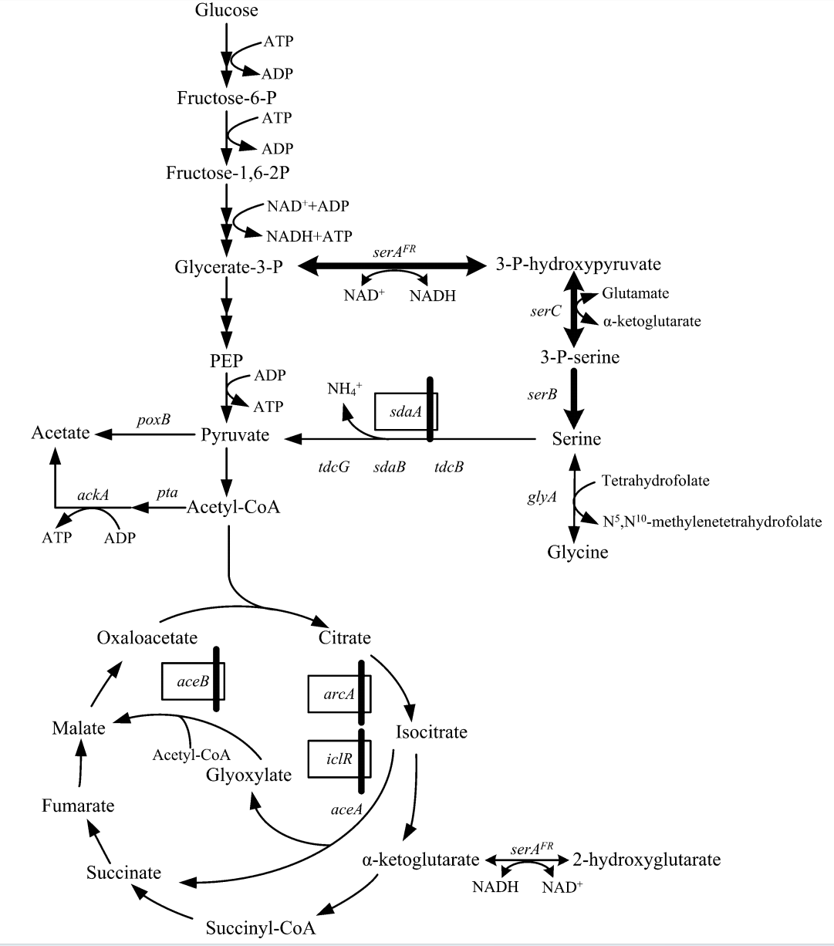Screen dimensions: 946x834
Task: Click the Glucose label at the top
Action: (226, 10)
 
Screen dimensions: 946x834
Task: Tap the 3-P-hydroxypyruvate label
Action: (579, 265)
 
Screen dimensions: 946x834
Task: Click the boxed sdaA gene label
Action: (405, 412)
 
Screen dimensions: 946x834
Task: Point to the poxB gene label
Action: (154, 419)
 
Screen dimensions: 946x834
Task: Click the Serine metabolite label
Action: (576, 439)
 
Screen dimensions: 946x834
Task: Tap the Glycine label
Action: (578, 552)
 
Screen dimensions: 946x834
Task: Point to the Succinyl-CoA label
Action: (260, 927)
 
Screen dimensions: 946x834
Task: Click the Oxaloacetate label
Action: (148, 638)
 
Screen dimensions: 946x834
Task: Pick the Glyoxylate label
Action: (248, 775)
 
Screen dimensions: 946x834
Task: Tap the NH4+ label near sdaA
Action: (344, 387)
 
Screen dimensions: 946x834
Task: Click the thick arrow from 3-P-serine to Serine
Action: (572, 397)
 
